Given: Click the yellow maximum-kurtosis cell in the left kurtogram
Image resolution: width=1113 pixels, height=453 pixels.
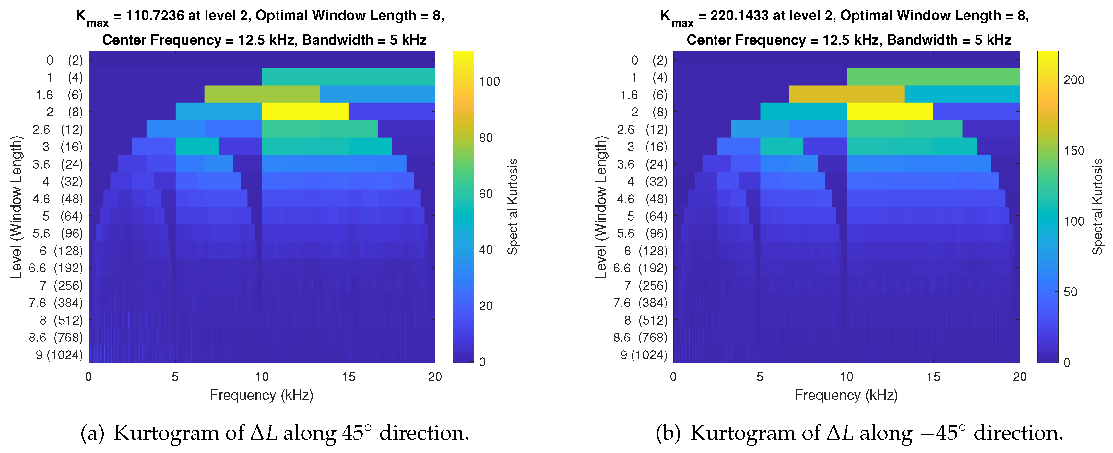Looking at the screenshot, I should coord(305,112).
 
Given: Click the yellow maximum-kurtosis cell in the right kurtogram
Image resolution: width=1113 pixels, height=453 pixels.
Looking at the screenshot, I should coord(890,112).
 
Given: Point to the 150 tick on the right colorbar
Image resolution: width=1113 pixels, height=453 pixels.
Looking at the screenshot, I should coord(1074,151).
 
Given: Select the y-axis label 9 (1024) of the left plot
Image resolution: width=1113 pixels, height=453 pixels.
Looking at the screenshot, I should coord(59,355).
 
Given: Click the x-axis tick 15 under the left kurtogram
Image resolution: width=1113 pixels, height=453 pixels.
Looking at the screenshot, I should coord(348,377).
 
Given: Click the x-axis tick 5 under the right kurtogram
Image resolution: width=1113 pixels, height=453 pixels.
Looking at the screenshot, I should coord(760,377).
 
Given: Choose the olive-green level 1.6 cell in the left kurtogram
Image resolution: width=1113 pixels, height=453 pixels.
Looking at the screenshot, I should coord(262,94).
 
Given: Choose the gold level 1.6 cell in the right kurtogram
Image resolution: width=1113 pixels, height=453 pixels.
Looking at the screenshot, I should coord(847,94).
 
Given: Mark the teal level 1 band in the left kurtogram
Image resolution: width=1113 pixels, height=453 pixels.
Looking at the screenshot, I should coord(348,77).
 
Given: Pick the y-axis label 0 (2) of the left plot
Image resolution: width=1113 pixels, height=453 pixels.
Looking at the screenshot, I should coord(65,60).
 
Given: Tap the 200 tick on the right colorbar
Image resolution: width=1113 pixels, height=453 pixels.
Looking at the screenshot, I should coord(1074,80).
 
